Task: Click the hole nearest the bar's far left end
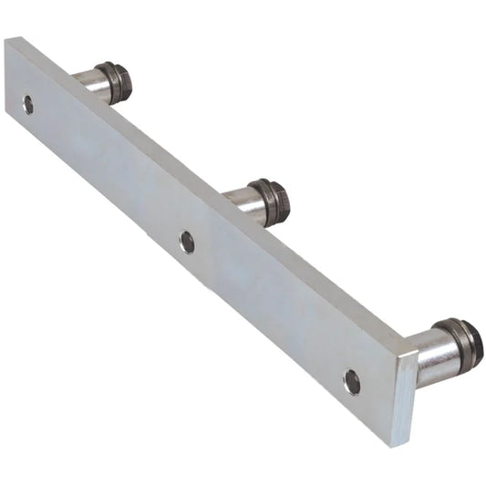point(28,104)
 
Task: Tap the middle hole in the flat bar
point(187,242)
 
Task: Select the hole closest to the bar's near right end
point(352,382)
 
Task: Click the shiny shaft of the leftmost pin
point(91,80)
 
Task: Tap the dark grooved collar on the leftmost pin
point(112,81)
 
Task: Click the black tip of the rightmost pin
point(475,345)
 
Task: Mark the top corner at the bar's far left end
point(9,39)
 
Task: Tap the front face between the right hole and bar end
point(376,401)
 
